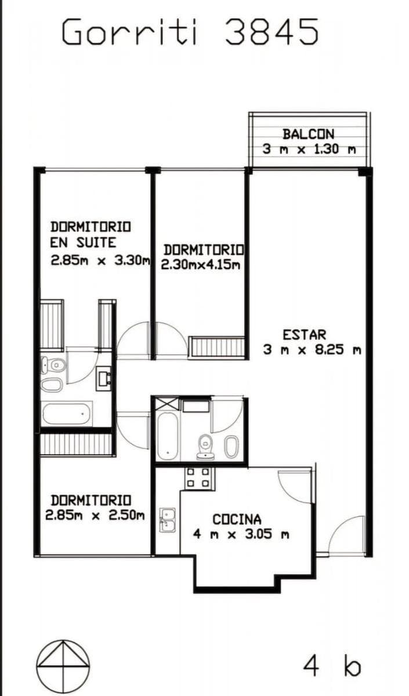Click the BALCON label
click(308, 134)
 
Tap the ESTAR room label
click(304, 335)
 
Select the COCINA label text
click(237, 520)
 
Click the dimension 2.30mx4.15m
click(201, 264)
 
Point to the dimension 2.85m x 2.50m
click(95, 516)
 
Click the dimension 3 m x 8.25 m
click(312, 350)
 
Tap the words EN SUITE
click(84, 242)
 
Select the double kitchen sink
click(168, 520)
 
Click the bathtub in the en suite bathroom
click(66, 414)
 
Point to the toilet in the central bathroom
click(205, 447)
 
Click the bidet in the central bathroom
click(231, 446)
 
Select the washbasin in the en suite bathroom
click(103, 378)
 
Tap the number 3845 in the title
click(272, 31)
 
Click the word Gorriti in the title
click(129, 31)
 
